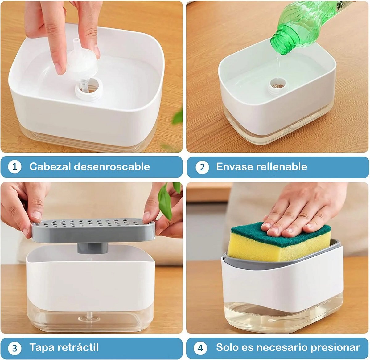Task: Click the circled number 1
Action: [14, 167]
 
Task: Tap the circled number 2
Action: [202, 167]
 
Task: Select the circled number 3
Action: [14, 348]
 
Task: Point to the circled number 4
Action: [200, 348]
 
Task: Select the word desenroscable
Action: [112, 166]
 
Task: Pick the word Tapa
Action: [42, 348]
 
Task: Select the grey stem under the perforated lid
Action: [92, 248]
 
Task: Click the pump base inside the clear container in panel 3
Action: [90, 318]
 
